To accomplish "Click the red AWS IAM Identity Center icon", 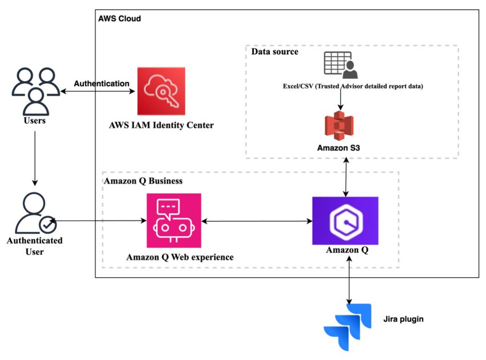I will pyautogui.click(x=161, y=91).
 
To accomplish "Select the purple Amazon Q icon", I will pyautogui.click(x=345, y=220).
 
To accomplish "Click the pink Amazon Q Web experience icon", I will pyautogui.click(x=173, y=220).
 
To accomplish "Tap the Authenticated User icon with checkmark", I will pyautogui.click(x=35, y=214).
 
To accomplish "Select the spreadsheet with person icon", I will pyautogui.click(x=340, y=65).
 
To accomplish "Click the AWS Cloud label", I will pyautogui.click(x=119, y=19).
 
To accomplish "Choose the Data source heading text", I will pyautogui.click(x=275, y=52).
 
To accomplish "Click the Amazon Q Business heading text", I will pyautogui.click(x=144, y=181).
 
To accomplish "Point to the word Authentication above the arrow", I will pyautogui.click(x=102, y=83).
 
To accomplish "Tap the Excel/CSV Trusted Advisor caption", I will pyautogui.click(x=340, y=86).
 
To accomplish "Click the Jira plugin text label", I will pyautogui.click(x=403, y=319).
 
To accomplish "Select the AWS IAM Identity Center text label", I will pyautogui.click(x=161, y=125).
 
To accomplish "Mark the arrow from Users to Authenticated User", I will pyautogui.click(x=35, y=157).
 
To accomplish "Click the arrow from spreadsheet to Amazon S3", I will pyautogui.click(x=340, y=100).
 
